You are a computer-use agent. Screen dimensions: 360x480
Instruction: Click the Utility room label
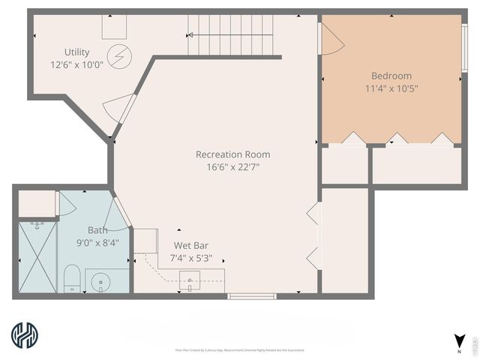coord(76,52)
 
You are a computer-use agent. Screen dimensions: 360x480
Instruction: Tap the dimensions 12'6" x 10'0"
coord(76,64)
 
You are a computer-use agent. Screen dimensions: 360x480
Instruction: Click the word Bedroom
coord(391,76)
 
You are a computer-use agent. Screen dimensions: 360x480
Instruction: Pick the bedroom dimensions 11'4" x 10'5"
coord(391,88)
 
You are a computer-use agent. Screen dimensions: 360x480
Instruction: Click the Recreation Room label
coord(232,154)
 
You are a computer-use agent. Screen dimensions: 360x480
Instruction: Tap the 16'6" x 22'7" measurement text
coord(232,166)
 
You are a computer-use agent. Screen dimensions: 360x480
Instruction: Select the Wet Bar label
coord(190,245)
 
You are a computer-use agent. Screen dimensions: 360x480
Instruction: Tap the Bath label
coord(97,230)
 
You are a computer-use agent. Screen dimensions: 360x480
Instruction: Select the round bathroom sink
coord(101,283)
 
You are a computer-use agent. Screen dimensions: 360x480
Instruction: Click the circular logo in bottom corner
coord(25,336)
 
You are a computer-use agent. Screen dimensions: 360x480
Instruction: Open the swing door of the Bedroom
coord(331,40)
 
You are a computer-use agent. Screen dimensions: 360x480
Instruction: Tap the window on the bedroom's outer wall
coord(465,48)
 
